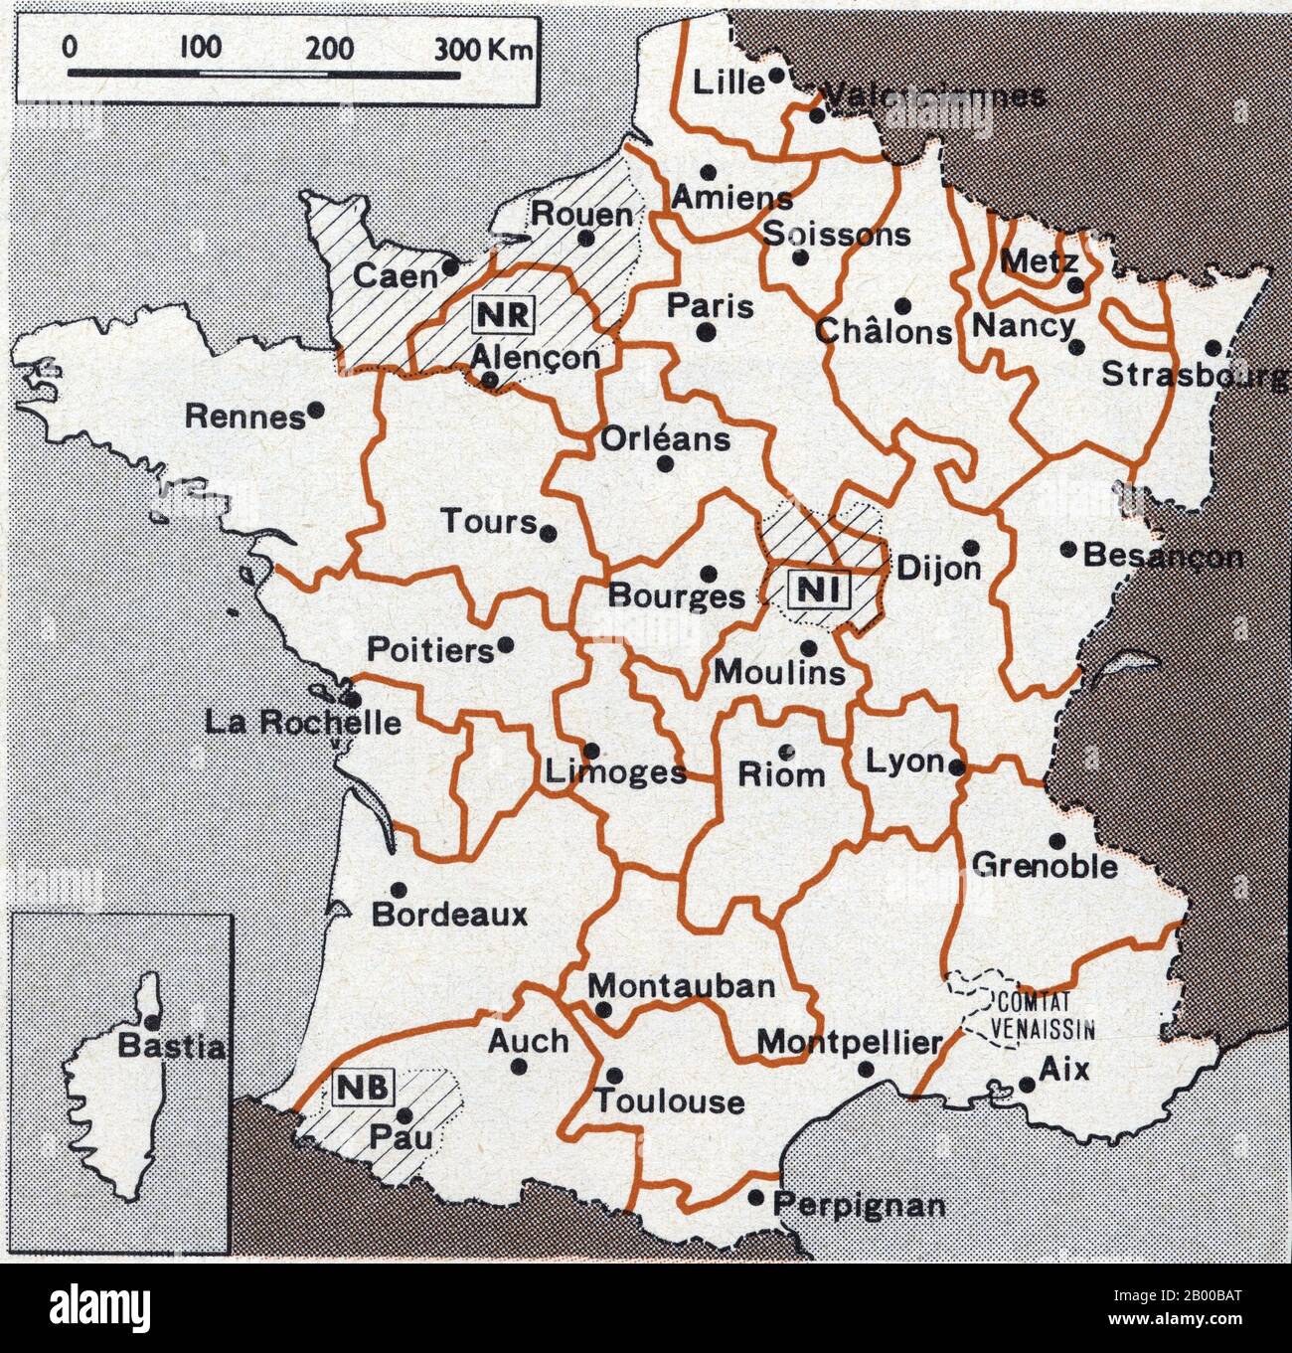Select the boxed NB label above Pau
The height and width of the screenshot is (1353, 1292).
(364, 1087)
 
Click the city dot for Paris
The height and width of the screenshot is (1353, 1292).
(705, 332)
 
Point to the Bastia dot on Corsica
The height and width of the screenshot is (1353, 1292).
(151, 1021)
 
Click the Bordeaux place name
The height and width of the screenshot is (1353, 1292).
(449, 915)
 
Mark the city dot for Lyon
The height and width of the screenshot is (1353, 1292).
(956, 767)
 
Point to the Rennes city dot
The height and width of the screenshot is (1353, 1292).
(316, 409)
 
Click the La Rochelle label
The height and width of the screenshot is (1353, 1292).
(303, 722)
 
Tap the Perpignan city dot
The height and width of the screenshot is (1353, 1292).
(756, 1198)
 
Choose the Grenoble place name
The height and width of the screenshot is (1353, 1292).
(1046, 865)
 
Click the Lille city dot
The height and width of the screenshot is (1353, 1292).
(777, 75)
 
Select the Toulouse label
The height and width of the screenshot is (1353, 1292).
(669, 1101)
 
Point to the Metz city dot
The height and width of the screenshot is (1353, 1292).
(1073, 285)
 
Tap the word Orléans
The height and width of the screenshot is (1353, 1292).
(664, 438)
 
